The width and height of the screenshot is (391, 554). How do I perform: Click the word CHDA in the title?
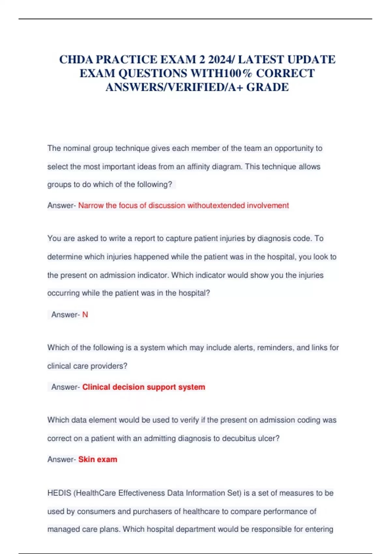pos(76,60)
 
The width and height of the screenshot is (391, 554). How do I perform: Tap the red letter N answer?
pos(85,315)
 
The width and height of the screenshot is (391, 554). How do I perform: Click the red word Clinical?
pos(96,387)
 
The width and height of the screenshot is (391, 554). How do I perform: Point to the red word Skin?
pos(86,459)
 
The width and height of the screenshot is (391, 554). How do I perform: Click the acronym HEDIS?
pos(59,493)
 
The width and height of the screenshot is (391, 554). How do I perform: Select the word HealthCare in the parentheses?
pos(96,493)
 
